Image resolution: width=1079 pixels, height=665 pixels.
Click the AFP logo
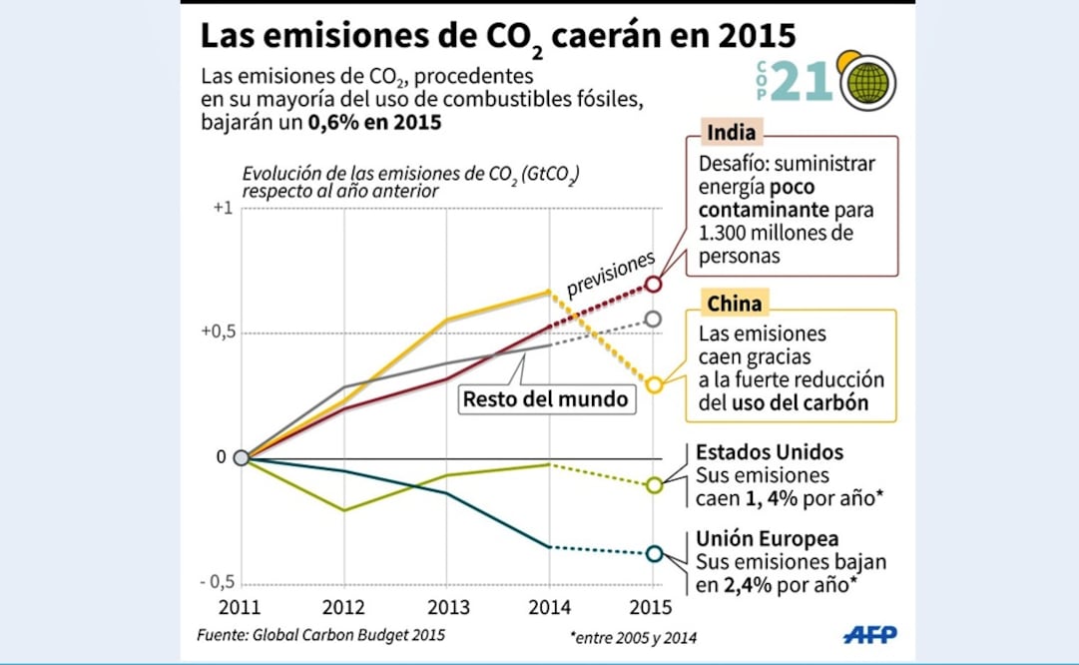pos(869,634)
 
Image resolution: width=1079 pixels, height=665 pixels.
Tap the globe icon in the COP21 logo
pos(867,82)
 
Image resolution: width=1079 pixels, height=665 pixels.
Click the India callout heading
pos(731,134)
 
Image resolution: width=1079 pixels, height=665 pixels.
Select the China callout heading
pos(734,304)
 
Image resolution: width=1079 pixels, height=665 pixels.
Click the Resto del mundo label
pos(545,399)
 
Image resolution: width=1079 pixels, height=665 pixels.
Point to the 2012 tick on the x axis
pos(344,606)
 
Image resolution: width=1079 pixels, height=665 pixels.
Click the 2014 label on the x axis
pos(550,606)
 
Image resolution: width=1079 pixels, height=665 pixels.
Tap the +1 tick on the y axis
pos(222,209)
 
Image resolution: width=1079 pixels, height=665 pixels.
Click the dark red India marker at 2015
pos(653,285)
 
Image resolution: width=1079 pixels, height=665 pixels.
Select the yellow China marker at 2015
pos(653,384)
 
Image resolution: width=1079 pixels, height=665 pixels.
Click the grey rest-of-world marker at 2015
pos(653,319)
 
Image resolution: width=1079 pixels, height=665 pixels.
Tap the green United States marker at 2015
pos(653,485)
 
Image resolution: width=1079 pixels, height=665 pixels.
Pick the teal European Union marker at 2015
pos(653,553)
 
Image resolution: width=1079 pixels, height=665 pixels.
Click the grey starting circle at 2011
pos(241,457)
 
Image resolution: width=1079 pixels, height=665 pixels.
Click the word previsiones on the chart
pos(611,273)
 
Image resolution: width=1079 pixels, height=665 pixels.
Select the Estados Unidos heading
pos(769,452)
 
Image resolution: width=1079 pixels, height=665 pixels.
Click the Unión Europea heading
pos(767,539)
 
